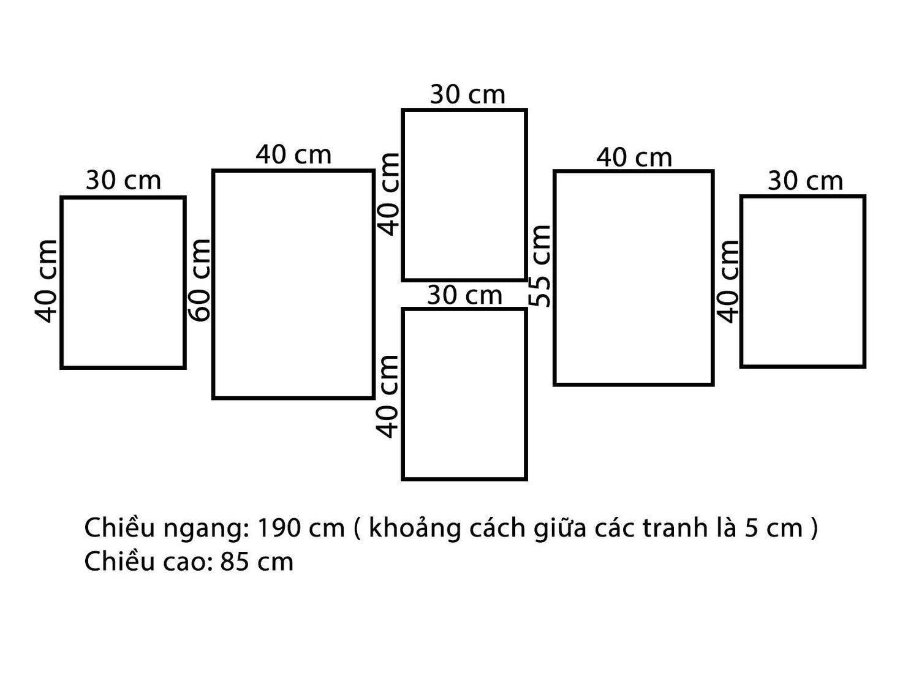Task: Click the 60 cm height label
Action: point(201,280)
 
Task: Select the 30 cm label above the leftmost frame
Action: point(124,180)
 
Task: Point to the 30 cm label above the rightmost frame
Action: point(805,181)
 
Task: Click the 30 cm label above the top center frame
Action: point(467,94)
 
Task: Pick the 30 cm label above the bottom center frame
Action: point(465,295)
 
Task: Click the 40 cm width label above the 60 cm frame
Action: point(293,154)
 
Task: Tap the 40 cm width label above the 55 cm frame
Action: point(634,158)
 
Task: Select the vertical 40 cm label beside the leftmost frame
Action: point(46,281)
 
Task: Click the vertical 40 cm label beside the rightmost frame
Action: point(728,282)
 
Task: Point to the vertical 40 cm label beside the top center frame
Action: point(389,195)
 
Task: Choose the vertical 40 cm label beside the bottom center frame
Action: point(387,397)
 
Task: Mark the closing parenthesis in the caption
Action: point(814,529)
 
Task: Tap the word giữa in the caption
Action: point(559,529)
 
